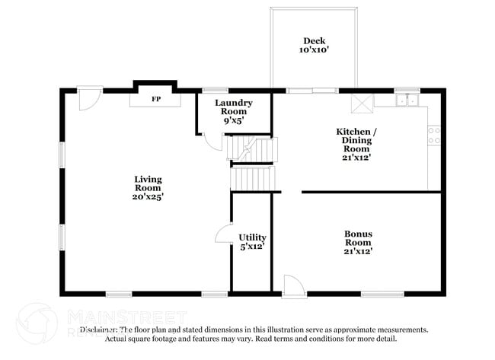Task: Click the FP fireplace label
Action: point(155,99)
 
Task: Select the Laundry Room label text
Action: point(233,107)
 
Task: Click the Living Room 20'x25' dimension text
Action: point(148,196)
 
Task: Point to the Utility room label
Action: point(252,242)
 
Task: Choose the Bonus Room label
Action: point(358,241)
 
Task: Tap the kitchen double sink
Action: point(407,99)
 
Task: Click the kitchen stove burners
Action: point(434,135)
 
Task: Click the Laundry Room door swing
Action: point(212,142)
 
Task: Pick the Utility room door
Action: point(223,234)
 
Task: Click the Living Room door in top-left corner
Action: point(90,99)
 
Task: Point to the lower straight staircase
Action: point(252,180)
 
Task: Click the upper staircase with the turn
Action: point(251,148)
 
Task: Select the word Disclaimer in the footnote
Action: point(99,330)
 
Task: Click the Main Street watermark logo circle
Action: point(36,323)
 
